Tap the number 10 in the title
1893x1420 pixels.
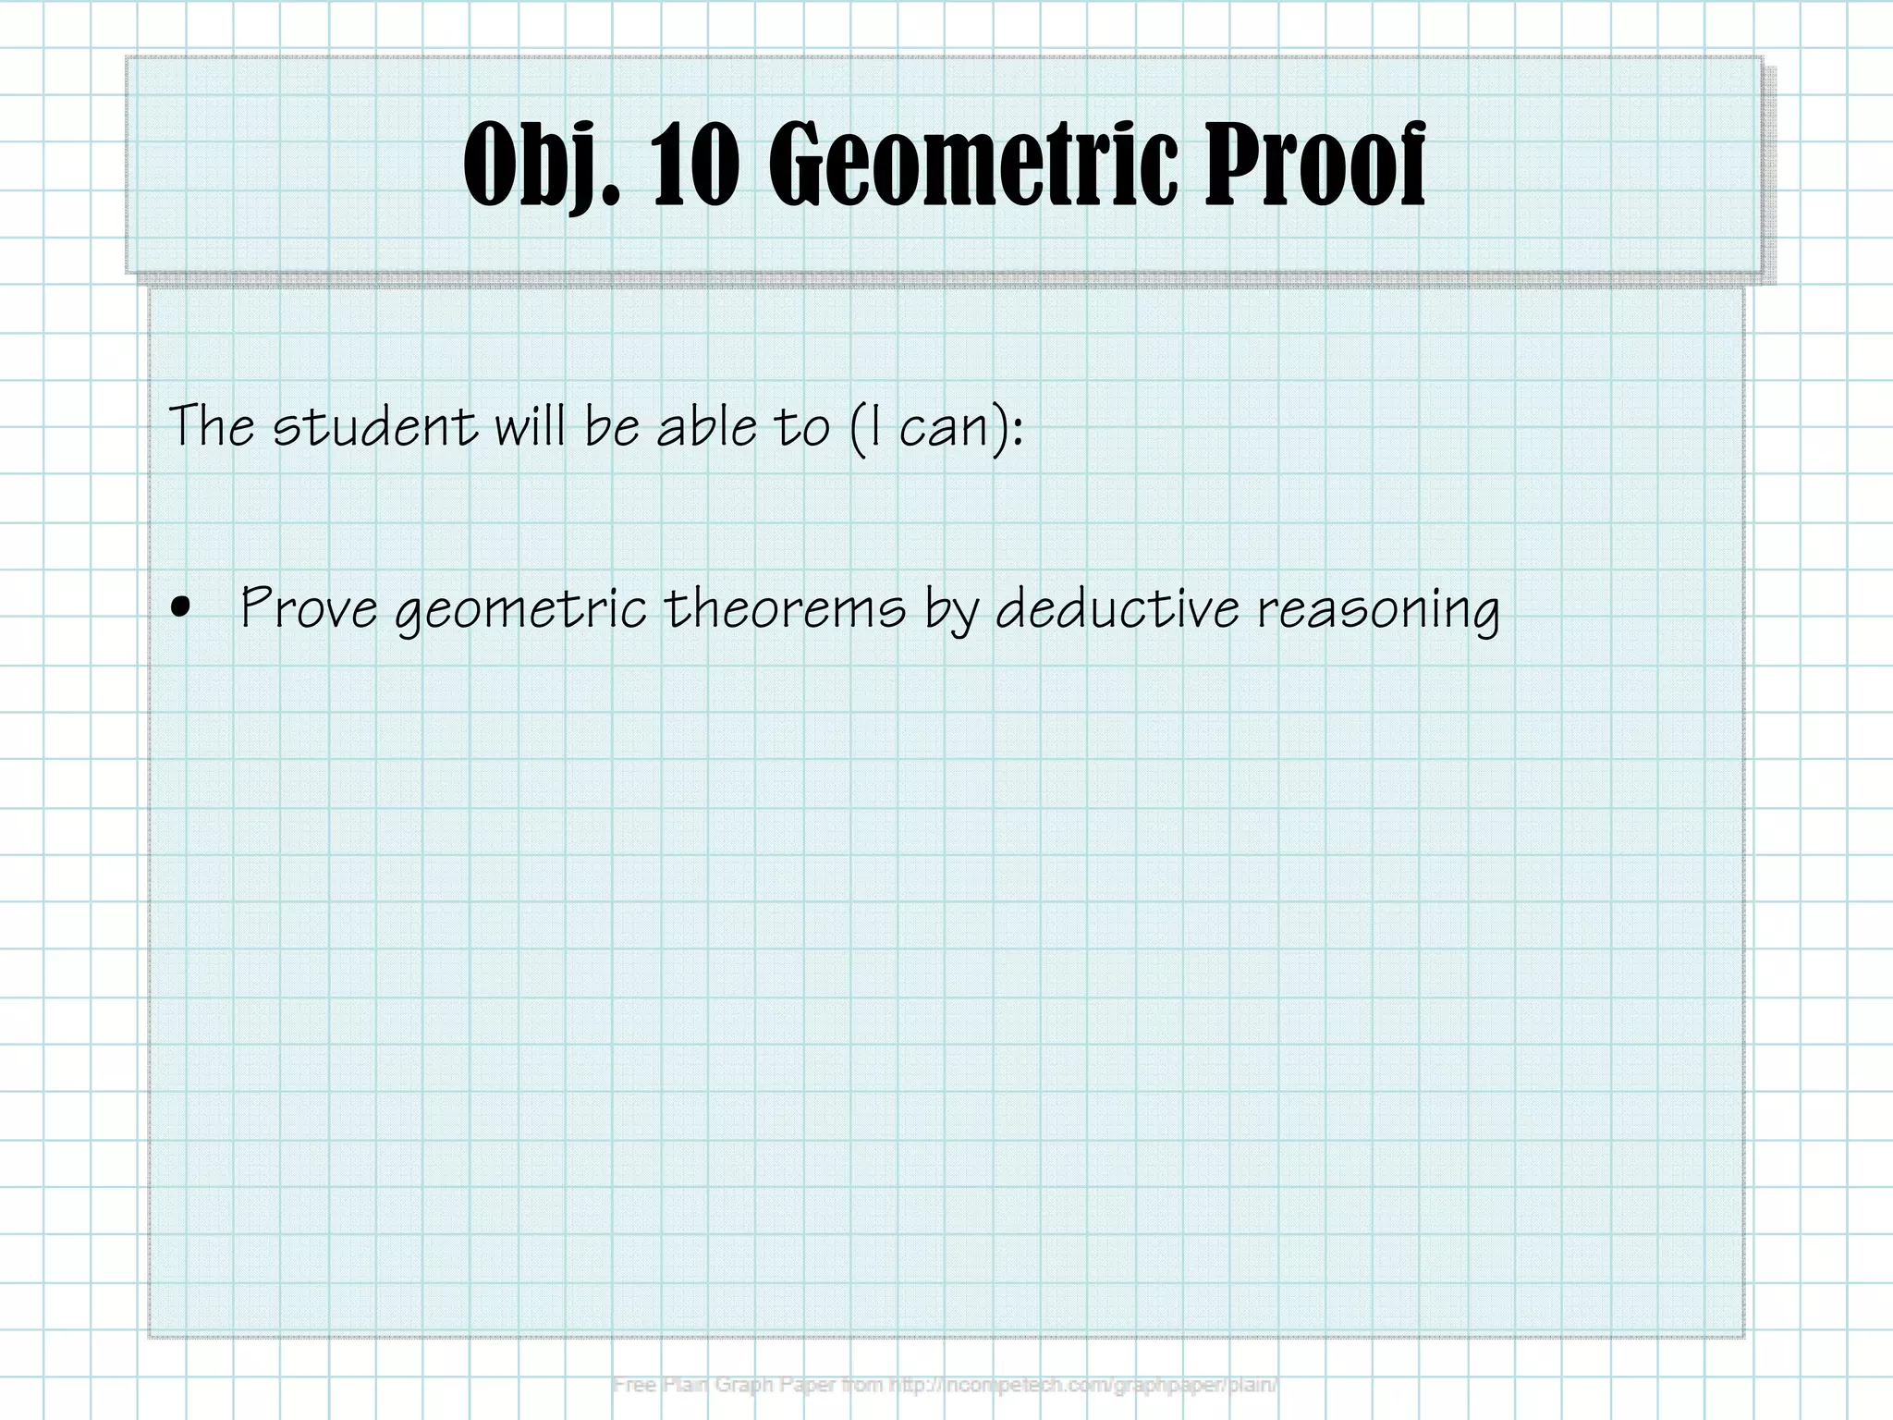click(x=696, y=166)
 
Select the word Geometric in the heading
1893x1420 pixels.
click(x=974, y=166)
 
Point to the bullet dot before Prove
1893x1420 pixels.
click(x=181, y=607)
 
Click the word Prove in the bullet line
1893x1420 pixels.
click(x=309, y=608)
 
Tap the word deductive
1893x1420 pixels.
click(x=1117, y=608)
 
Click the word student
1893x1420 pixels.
click(x=374, y=427)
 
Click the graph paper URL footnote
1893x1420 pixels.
click(x=945, y=1385)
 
